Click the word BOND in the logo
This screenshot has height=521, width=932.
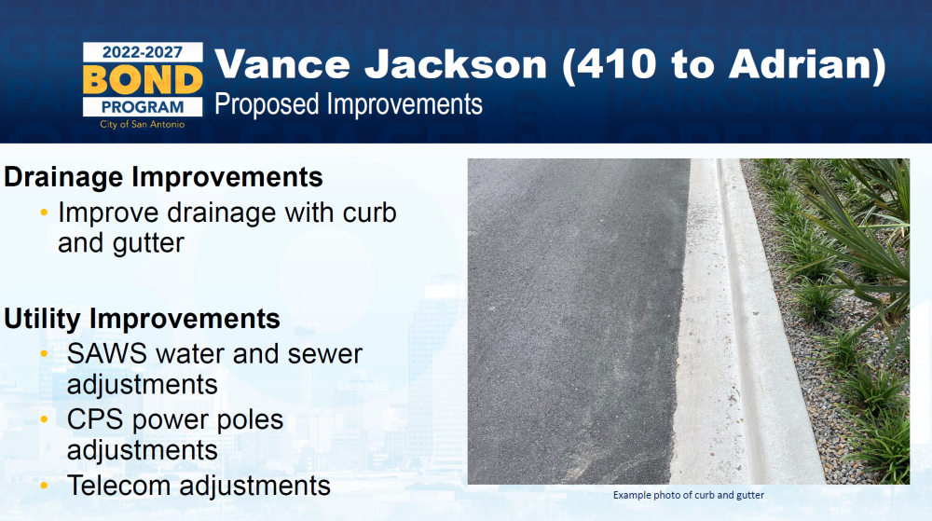pyautogui.click(x=143, y=80)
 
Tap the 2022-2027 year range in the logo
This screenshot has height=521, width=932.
pyautogui.click(x=142, y=52)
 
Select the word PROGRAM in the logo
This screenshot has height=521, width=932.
pyautogui.click(x=143, y=107)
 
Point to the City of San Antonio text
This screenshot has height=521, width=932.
pyautogui.click(x=142, y=125)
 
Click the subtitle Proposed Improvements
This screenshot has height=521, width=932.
pyautogui.click(x=349, y=104)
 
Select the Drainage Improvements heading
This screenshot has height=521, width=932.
pyautogui.click(x=163, y=177)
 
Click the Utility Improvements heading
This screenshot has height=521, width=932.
pyautogui.click(x=142, y=319)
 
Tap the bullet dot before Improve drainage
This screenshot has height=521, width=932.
pyautogui.click(x=44, y=213)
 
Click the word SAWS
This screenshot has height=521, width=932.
pyautogui.click(x=107, y=354)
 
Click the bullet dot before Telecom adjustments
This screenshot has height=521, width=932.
pyautogui.click(x=44, y=486)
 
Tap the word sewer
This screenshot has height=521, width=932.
pyautogui.click(x=324, y=355)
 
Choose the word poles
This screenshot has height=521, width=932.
pyautogui.click(x=250, y=420)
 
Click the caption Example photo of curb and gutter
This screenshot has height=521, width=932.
pyautogui.click(x=689, y=495)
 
